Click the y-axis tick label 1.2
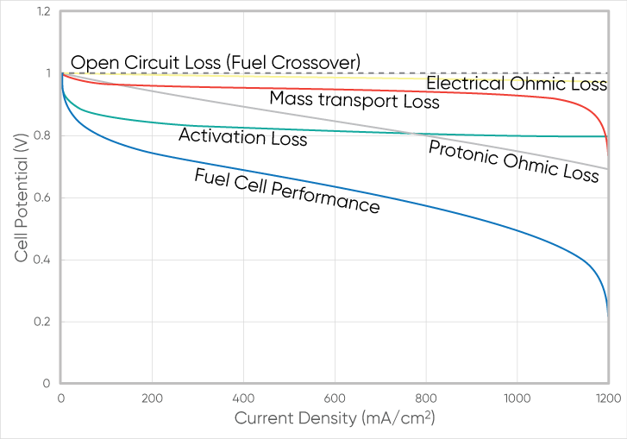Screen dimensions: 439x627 coord(42,12)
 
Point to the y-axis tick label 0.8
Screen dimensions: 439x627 coord(42,136)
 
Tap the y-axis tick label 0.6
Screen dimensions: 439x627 coord(42,198)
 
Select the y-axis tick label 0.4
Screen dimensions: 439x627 coord(42,260)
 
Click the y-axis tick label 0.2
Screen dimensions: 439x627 coord(42,323)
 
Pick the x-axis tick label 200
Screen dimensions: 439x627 coord(152,398)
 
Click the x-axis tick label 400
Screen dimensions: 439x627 coord(243,398)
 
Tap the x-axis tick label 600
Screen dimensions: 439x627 coord(335,398)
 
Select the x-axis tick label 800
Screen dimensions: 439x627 coord(426,398)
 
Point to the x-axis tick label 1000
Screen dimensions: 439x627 coord(517,398)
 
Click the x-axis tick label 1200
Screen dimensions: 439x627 coord(607,398)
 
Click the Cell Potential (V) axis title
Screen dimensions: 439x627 coord(21,197)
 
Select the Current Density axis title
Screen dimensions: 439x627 coord(334,418)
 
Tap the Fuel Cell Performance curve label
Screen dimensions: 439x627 coord(287,191)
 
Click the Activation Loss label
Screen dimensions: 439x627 coord(242,136)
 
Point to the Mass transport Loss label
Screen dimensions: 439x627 coord(354,99)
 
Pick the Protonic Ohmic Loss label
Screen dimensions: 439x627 coord(513,161)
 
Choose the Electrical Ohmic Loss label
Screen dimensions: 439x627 coord(517,84)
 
